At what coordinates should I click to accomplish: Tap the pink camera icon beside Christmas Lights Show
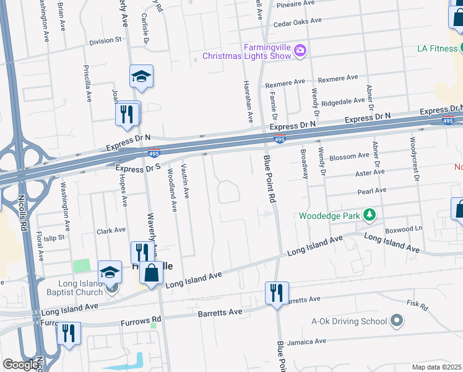pyautogui.click(x=300, y=50)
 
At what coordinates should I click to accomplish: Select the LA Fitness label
pyautogui.click(x=439, y=48)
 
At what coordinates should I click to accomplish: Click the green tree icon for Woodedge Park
pyautogui.click(x=370, y=215)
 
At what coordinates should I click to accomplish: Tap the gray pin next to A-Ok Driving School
pyautogui.click(x=397, y=321)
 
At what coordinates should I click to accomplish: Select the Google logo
pyautogui.click(x=20, y=365)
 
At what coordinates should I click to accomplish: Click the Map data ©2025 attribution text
pyautogui.click(x=436, y=367)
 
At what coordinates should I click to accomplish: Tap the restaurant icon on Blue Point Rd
pyautogui.click(x=275, y=292)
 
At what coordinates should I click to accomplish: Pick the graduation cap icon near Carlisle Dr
pyautogui.click(x=141, y=77)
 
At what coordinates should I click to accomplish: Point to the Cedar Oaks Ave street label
pyautogui.click(x=298, y=21)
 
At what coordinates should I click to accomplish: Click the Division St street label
pyautogui.click(x=105, y=41)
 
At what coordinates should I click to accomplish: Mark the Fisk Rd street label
pyautogui.click(x=417, y=306)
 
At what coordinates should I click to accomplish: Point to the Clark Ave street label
pyautogui.click(x=111, y=231)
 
